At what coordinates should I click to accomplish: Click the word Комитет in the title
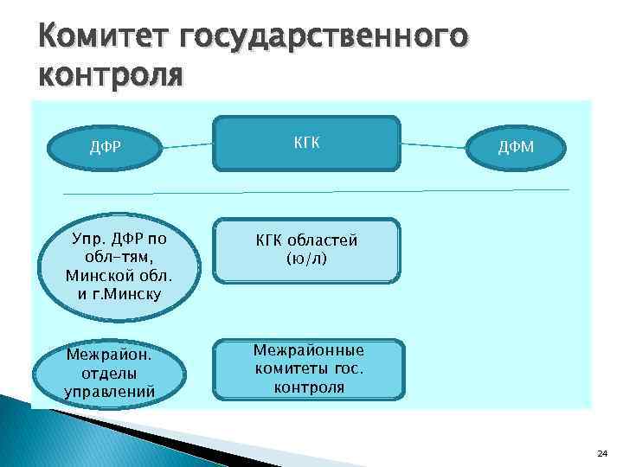coord(103,37)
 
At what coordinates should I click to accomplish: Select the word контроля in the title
coord(111,75)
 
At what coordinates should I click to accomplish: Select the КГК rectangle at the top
coord(307,141)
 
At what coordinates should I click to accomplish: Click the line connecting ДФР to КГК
coord(188,145)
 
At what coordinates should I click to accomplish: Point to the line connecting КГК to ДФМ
coord(434,145)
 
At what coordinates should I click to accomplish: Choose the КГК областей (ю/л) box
coord(307,250)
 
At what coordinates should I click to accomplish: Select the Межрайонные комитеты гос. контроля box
coord(309,369)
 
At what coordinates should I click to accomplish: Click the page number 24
coord(602,452)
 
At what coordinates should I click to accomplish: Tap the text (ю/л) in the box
coord(306,258)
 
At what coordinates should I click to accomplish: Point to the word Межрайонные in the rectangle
coord(309,351)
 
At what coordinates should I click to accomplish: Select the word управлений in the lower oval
coord(110,391)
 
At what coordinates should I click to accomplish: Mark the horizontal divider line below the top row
coord(316,190)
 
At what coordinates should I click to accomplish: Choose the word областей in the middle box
coord(324,240)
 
